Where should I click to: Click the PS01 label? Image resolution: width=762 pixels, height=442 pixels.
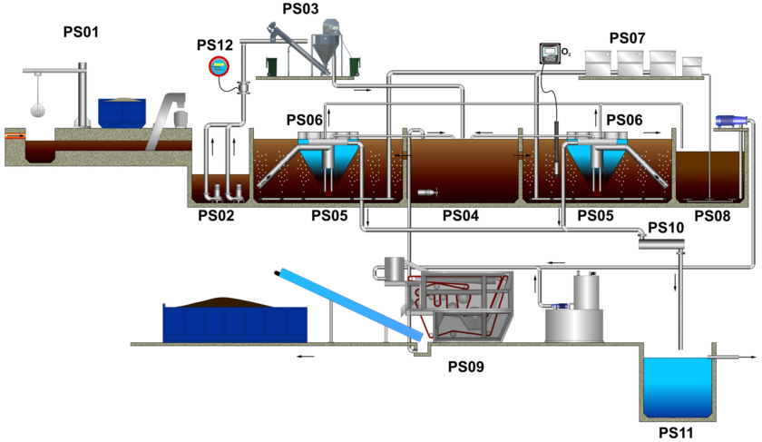coord(81,33)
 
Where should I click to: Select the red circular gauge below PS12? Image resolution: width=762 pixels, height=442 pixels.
coord(218,66)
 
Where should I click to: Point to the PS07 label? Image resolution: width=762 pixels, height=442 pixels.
coord(627,38)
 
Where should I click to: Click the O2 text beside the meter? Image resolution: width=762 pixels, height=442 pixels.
coord(567,53)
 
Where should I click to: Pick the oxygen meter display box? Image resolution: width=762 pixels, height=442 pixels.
coord(549,53)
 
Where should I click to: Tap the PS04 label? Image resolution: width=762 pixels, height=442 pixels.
coord(461,216)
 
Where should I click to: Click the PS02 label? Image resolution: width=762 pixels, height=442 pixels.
coord(217,216)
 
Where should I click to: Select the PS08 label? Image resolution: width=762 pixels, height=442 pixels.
coord(712,216)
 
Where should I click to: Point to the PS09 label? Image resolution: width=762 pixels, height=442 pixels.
coord(466,367)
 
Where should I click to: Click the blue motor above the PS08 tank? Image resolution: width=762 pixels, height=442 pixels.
coord(730,120)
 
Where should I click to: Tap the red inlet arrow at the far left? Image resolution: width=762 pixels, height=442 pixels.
coord(16,136)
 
